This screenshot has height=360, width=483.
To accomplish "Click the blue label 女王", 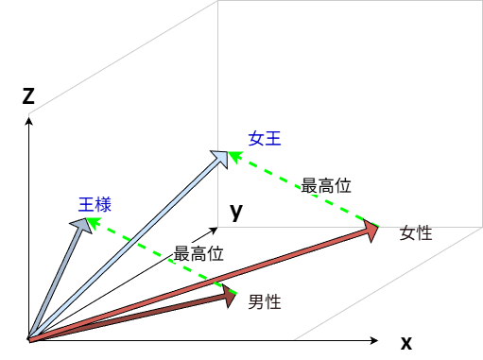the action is [265, 139].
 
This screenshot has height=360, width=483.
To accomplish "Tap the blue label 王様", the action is [95, 205].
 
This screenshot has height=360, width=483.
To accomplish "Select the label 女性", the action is [416, 233].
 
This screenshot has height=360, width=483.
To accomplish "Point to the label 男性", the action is [265, 302].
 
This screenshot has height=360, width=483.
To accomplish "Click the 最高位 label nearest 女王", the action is [326, 185].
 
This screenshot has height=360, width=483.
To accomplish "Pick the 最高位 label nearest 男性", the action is [198, 254].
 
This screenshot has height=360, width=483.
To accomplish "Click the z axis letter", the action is [28, 96].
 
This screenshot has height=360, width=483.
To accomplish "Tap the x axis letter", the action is [406, 343].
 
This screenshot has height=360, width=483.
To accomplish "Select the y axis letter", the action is [236, 212].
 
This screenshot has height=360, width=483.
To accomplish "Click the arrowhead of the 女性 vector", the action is [371, 231].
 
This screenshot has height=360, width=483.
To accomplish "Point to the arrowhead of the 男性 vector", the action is [229, 296].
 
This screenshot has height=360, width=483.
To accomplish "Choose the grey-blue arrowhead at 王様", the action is [82, 225].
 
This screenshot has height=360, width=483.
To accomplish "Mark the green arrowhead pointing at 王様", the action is [94, 222].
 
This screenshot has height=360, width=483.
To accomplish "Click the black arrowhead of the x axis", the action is [374, 340].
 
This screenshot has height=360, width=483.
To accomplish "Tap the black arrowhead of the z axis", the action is [29, 121].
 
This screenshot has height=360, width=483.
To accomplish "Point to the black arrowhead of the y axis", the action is [214, 231].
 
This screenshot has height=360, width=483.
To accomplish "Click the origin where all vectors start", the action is [29, 340].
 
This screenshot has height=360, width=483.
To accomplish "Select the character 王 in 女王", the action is [273, 139].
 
